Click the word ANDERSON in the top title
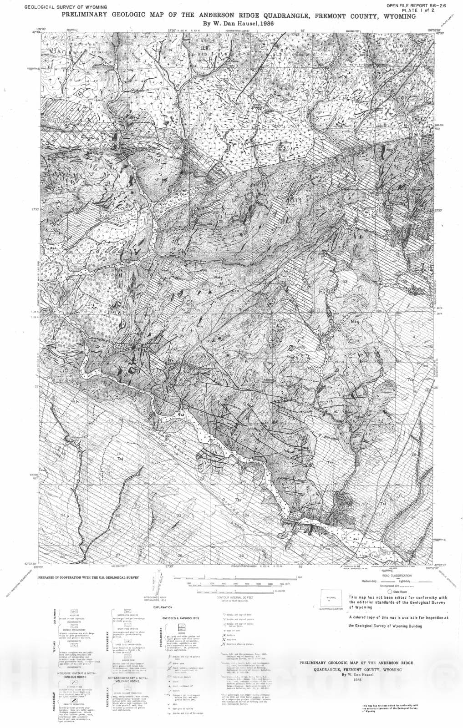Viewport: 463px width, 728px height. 209,16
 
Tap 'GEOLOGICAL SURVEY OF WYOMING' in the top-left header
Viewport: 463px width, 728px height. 66,7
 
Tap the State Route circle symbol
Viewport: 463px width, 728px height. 390,591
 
